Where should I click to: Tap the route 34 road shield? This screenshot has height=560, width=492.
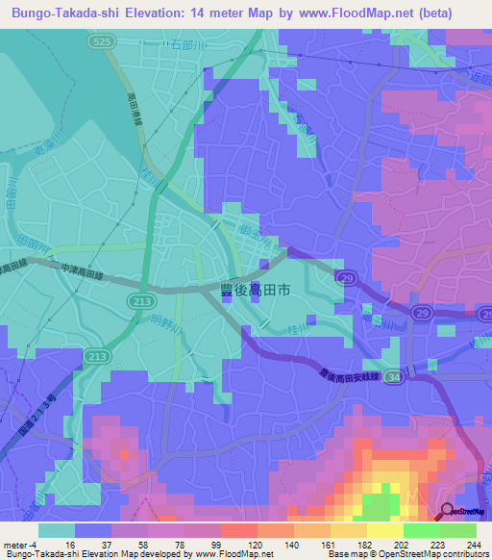pos(392,381)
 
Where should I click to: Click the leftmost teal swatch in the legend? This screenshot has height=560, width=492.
pos(56,529)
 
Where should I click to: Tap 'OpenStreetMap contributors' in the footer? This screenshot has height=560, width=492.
pos(433,554)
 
